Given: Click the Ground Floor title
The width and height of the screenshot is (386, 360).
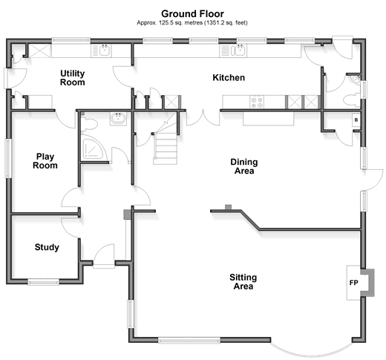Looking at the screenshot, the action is coord(192,13).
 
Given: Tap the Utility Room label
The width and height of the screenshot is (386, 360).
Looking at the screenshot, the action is coord(73,78).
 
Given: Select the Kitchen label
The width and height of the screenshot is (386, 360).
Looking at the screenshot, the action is coord(229,77).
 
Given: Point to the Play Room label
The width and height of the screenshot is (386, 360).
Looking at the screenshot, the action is coord(45,161).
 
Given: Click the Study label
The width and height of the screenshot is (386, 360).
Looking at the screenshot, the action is coord(47,247).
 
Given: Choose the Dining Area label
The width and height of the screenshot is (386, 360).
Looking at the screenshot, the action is coord(244,166).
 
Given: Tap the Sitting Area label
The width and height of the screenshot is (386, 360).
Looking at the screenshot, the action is coord(243,281).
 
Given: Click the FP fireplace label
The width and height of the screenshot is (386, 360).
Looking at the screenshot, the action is coord(354,283).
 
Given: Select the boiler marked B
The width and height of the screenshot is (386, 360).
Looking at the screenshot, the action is coord(356,120).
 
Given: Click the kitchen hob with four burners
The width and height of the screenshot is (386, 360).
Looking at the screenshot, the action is coord(257,102).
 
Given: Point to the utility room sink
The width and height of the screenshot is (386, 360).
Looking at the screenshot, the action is coord(102,50).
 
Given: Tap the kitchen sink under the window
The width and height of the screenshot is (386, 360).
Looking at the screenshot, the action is coord(233,50).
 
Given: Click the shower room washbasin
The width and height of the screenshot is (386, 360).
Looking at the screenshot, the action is coord(118,119).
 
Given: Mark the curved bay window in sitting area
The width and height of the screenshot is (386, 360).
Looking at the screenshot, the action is coord(311,350).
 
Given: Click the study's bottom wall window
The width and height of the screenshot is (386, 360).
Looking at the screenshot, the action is coord(43,282).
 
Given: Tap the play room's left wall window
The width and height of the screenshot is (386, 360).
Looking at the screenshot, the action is coord(8,158).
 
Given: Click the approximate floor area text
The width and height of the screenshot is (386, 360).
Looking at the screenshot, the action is coord(192,23).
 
